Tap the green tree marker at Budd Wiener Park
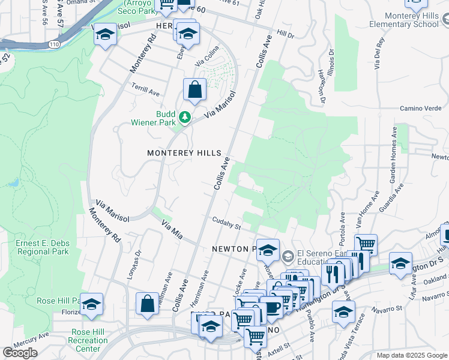185,117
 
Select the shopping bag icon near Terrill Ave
194,91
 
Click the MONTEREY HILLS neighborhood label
184,153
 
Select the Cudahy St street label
226,223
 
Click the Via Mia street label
172,228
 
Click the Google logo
20,353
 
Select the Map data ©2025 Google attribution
412,355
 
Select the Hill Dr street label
286,35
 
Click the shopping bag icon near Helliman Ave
147,304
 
